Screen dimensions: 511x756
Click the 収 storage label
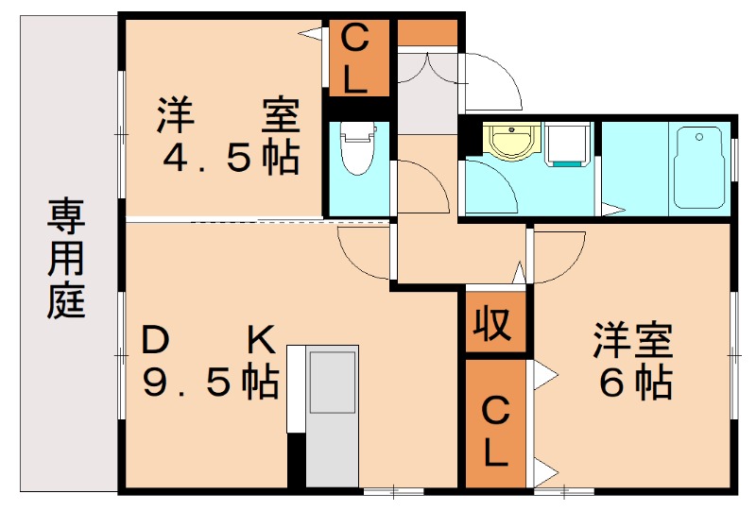(x=491, y=323)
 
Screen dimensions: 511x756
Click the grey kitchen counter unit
(x=332, y=416)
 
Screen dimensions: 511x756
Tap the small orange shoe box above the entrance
(x=426, y=33)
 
